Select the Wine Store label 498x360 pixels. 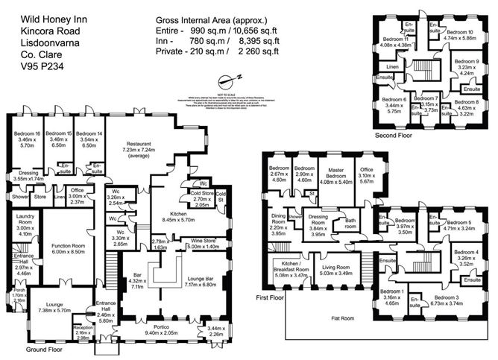pos(201,241)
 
